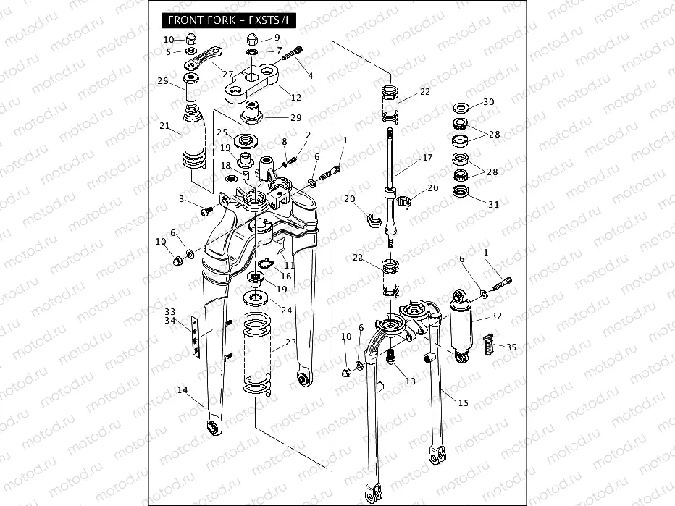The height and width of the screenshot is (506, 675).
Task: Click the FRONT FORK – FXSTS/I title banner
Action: pos(229,20)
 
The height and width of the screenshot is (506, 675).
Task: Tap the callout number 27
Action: pos(227,74)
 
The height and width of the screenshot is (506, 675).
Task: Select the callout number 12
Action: pos(296,97)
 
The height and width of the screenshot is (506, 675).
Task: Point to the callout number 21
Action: pos(164,126)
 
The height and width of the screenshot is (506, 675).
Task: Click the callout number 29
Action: pos(296,117)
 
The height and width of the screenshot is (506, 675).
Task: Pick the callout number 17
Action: pos(427,158)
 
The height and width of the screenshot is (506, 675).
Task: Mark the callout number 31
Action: pos(494,204)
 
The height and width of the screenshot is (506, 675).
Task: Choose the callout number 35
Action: pos(511,347)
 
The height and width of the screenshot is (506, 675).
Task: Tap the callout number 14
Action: pos(183,390)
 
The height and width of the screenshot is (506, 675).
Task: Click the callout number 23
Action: pos(291,342)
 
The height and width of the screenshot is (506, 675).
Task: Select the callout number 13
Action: pos(411,381)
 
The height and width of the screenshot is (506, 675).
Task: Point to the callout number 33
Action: pos(170,311)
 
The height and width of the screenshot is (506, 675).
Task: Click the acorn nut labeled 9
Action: pos(252,39)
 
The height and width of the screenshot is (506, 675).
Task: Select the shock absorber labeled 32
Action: pos(461,325)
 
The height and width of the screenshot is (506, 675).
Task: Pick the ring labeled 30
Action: pos(461,107)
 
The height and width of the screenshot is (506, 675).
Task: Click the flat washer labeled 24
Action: pos(255,298)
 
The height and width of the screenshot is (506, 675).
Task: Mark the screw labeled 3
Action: pos(207,211)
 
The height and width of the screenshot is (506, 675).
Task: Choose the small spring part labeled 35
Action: pos(487,345)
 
